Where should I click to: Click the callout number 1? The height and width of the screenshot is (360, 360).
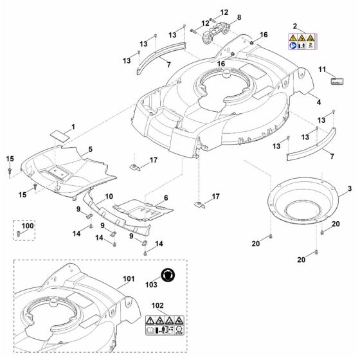coord(73,127)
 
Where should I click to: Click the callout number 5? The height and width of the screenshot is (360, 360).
coord(90,149)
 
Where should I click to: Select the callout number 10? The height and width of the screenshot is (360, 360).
coord(109,195)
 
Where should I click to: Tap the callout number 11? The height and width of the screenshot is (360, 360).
coord(323,69)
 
